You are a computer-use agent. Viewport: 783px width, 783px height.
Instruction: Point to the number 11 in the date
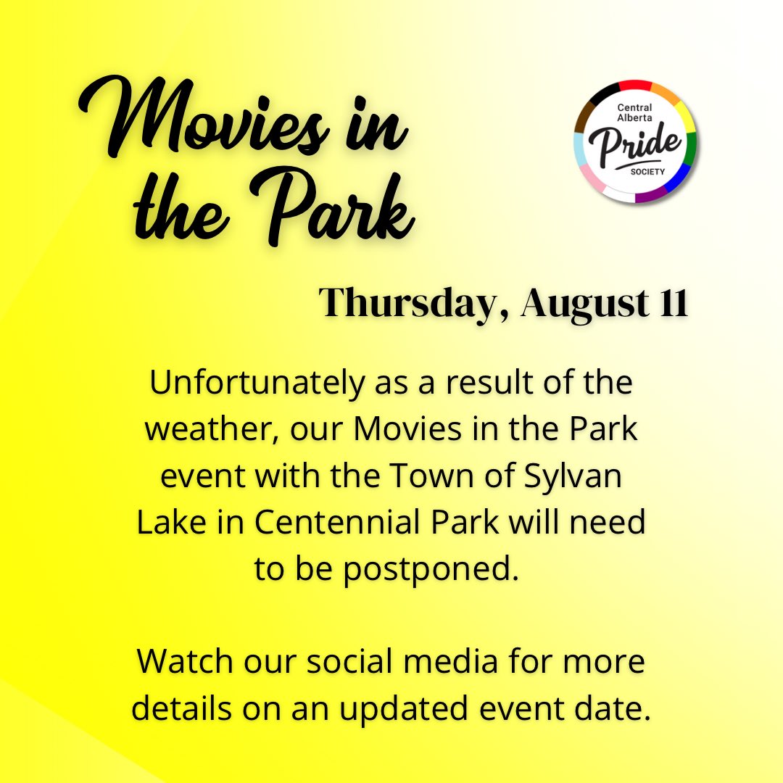pos(673,302)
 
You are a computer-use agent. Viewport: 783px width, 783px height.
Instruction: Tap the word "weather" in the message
pos(210,429)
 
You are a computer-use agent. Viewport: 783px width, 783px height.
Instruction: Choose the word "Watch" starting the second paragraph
pos(183,662)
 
